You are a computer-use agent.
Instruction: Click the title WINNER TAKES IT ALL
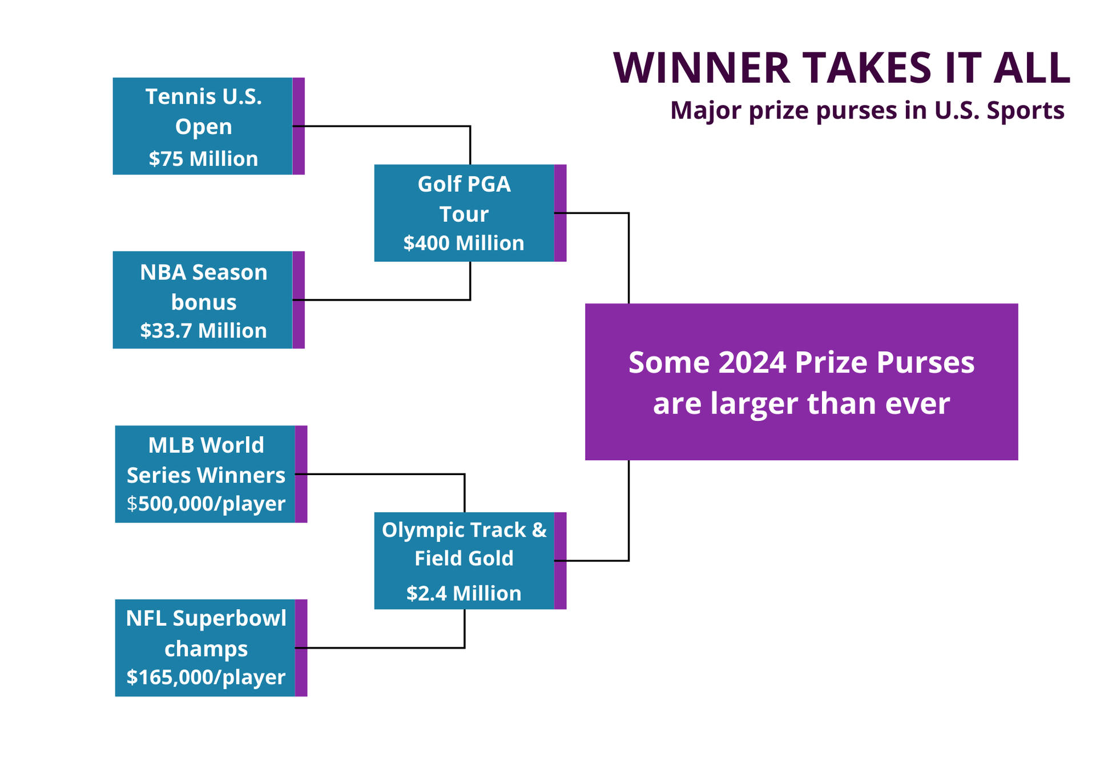[841, 68]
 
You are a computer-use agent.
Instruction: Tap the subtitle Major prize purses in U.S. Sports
[867, 110]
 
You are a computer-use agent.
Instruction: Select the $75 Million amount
[203, 159]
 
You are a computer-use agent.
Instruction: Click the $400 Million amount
[464, 244]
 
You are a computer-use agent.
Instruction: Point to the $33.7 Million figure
[203, 331]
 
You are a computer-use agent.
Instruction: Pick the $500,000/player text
[205, 504]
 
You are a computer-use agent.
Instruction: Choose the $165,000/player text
[205, 677]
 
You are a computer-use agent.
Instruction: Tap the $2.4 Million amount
[464, 594]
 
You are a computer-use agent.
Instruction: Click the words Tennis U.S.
[203, 97]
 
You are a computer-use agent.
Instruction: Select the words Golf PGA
[464, 184]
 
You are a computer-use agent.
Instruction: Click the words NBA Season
[203, 273]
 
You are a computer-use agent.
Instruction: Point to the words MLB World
[205, 445]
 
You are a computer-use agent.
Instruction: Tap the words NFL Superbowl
[205, 619]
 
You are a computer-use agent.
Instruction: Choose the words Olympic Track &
[464, 530]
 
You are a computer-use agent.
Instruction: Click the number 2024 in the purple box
[752, 363]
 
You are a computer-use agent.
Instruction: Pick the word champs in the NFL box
[205, 649]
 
